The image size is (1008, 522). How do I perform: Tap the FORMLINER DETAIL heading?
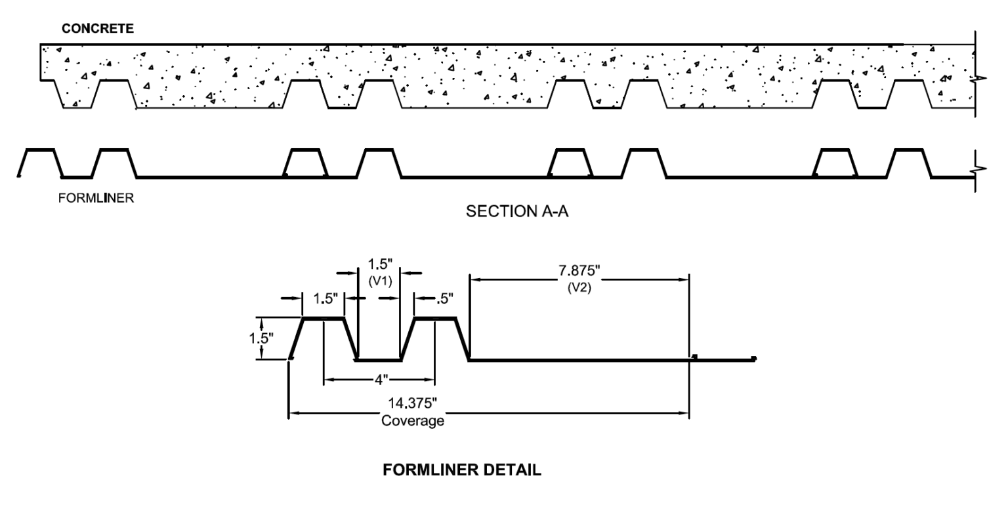pos(462,471)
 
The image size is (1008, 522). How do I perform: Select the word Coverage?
pos(413,421)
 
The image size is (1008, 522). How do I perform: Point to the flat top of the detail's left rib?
pos(323,319)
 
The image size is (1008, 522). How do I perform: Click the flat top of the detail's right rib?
pos(434,319)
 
